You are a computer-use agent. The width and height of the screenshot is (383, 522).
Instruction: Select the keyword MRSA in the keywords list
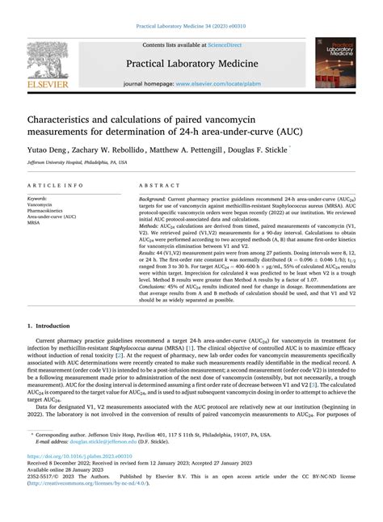point(36,223)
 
